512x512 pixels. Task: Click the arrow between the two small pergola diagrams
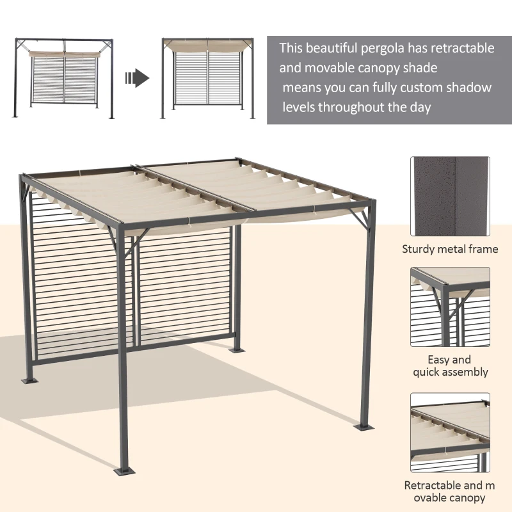pyautogui.click(x=137, y=79)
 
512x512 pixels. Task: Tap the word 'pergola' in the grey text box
pyautogui.click(x=399, y=48)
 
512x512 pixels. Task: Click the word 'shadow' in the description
pyautogui.click(x=468, y=88)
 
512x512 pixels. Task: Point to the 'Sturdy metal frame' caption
pyautogui.click(x=450, y=249)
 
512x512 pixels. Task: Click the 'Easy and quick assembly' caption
pyautogui.click(x=450, y=365)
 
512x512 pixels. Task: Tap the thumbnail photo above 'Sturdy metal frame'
pyautogui.click(x=450, y=196)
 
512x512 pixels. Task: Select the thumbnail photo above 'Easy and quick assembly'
pyautogui.click(x=450, y=307)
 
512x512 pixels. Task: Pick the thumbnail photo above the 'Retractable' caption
pyautogui.click(x=450, y=433)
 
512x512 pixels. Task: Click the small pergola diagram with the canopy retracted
pyautogui.click(x=65, y=78)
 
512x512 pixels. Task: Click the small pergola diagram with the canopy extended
pyautogui.click(x=208, y=78)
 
